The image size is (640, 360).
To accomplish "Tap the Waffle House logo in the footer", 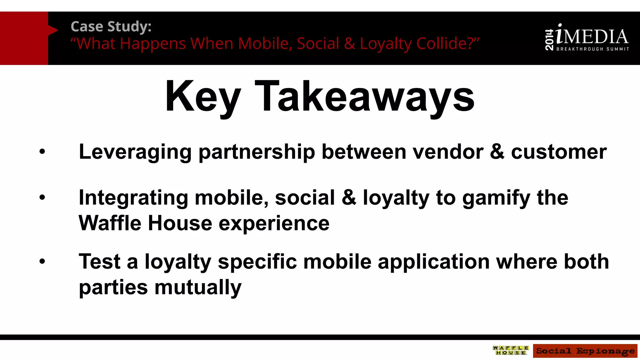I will coord(511,350).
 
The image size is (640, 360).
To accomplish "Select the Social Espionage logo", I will coord(585,351).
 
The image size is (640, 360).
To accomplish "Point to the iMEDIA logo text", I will coord(592,37).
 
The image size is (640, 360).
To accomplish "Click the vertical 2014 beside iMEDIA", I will coord(549,40).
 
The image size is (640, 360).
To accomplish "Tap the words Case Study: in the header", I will coord(111,27).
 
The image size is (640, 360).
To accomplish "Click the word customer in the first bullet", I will coord(559,152).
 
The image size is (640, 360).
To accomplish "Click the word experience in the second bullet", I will coord(274,224).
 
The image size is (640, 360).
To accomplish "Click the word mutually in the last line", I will coord(198,287).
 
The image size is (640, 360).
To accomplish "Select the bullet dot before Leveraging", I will coord(42,152).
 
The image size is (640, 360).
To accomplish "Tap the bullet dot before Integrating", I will coord(42,197).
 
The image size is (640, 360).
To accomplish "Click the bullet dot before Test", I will coord(42,262).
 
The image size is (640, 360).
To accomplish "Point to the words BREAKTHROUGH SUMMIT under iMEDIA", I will coord(592,49).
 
